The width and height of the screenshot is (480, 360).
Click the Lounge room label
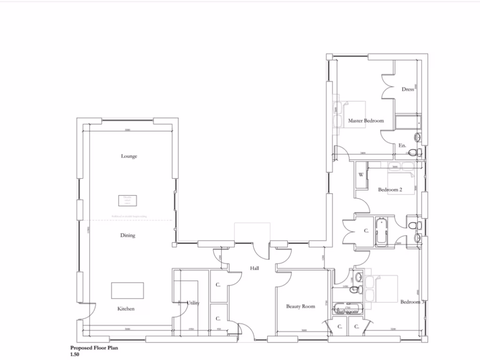[x=129, y=156]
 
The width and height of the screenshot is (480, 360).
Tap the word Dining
[x=127, y=235]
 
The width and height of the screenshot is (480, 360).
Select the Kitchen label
[x=126, y=309]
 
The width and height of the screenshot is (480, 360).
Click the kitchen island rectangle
[x=127, y=291]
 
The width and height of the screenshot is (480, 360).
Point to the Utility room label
[x=193, y=303]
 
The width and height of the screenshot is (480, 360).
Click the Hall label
[x=255, y=268]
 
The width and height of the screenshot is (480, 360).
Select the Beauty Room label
[x=300, y=307]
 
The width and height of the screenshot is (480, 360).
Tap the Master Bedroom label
[x=366, y=120]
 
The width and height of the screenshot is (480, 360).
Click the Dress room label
[x=407, y=89]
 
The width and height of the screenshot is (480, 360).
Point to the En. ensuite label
[x=402, y=146]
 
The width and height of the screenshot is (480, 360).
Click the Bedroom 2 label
[x=390, y=190]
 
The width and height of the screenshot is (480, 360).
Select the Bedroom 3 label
[x=412, y=302]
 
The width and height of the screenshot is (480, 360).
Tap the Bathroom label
[x=347, y=311]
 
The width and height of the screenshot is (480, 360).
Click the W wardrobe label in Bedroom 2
[x=361, y=175]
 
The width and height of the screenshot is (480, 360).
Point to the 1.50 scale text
[x=75, y=355]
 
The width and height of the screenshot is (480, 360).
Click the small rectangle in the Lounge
[x=127, y=200]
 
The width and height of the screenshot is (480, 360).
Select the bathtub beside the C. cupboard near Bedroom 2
[x=381, y=231]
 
